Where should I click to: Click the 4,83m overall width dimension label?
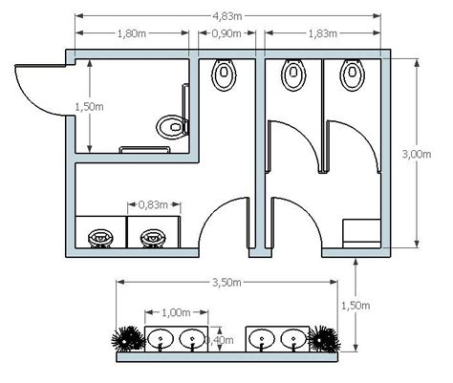coord(227,16)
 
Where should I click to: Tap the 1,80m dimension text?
coord(132,33)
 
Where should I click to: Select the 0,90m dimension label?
coord(226,33)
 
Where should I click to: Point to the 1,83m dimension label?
coord(323,33)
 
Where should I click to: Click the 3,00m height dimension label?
coord(417,154)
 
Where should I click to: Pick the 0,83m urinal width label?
coord(153,204)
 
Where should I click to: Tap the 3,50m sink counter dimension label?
coord(226,282)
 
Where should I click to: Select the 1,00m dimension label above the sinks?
coord(176,312)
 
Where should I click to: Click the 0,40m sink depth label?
coord(220,340)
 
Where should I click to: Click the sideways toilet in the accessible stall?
coord(173,127)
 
